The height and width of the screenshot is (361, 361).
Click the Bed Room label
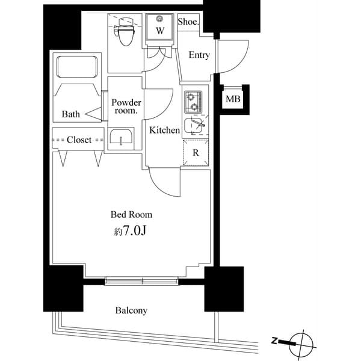coord(131,214)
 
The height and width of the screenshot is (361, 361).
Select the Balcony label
coord(131,310)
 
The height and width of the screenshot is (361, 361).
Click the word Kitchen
coord(164,130)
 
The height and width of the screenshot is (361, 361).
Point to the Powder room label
coord(126,106)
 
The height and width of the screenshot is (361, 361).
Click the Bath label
coord(70,114)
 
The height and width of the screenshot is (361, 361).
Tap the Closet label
coord(79,140)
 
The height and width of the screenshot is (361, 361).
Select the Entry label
coord(199,55)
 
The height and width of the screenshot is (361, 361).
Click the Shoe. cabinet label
coord(188,22)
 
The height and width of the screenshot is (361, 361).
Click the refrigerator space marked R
coord(196,153)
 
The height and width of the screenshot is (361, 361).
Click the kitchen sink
coord(194,125)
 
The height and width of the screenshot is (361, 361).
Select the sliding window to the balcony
coord(143,280)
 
